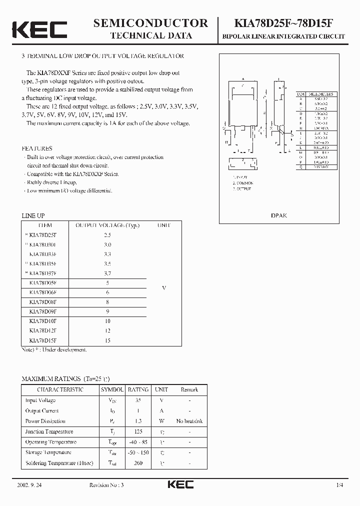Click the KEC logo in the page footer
180,484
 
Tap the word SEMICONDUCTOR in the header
151,22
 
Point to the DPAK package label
279,215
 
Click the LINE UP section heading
33,215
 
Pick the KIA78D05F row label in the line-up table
43,283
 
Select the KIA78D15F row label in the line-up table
43,340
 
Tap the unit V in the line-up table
164,288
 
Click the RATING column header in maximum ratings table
138,389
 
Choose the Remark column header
189,389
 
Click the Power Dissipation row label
45,421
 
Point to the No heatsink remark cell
189,421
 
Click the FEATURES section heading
37,148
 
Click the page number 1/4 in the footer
340,485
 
